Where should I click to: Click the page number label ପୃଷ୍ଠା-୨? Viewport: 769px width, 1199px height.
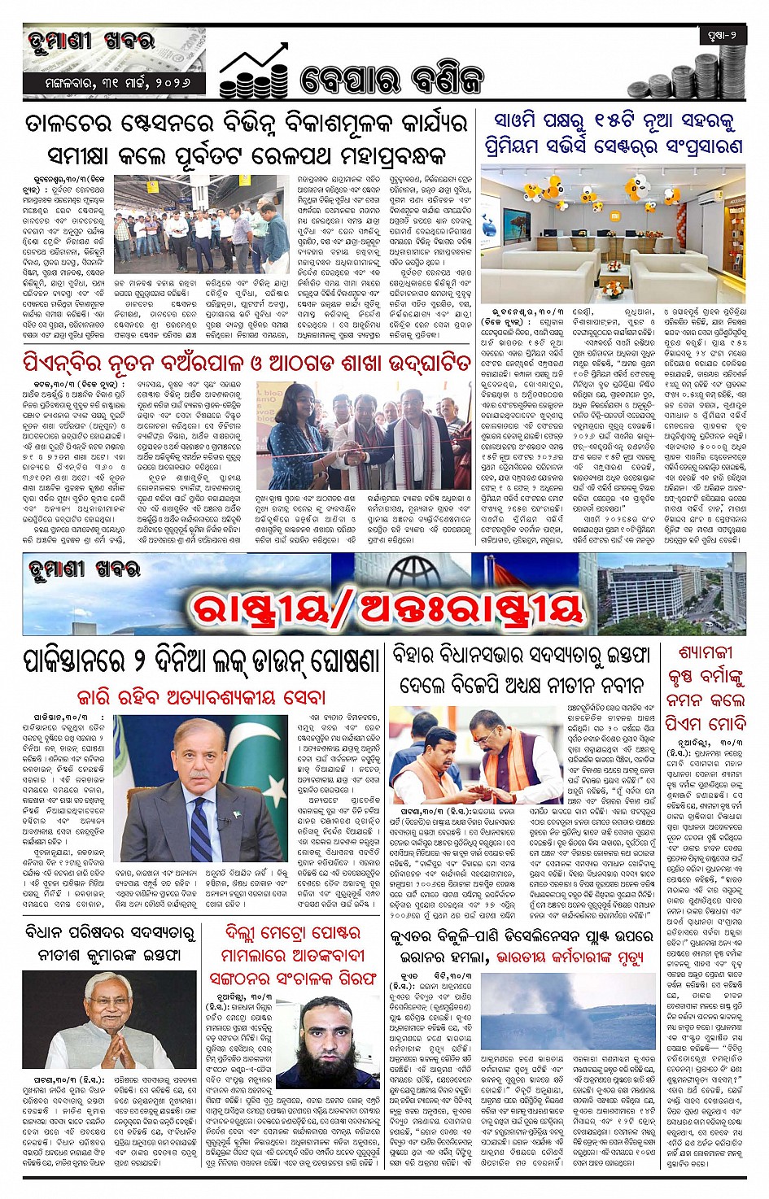tap(722, 36)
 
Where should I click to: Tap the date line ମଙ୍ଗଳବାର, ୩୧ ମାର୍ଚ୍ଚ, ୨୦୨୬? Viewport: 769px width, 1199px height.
tap(113, 84)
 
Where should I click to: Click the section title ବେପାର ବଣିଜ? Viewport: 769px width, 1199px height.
tap(391, 80)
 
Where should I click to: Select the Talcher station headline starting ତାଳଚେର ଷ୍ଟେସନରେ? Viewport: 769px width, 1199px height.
tap(247, 138)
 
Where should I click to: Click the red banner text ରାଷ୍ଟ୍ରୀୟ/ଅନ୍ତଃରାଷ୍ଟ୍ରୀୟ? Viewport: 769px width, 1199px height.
tap(387, 607)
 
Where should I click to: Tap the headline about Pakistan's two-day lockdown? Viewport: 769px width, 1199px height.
tap(202, 660)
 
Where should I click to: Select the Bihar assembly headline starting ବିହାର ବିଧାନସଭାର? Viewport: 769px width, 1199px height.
tap(521, 669)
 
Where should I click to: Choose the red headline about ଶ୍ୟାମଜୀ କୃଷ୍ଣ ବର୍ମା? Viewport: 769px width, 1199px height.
tap(705, 687)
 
